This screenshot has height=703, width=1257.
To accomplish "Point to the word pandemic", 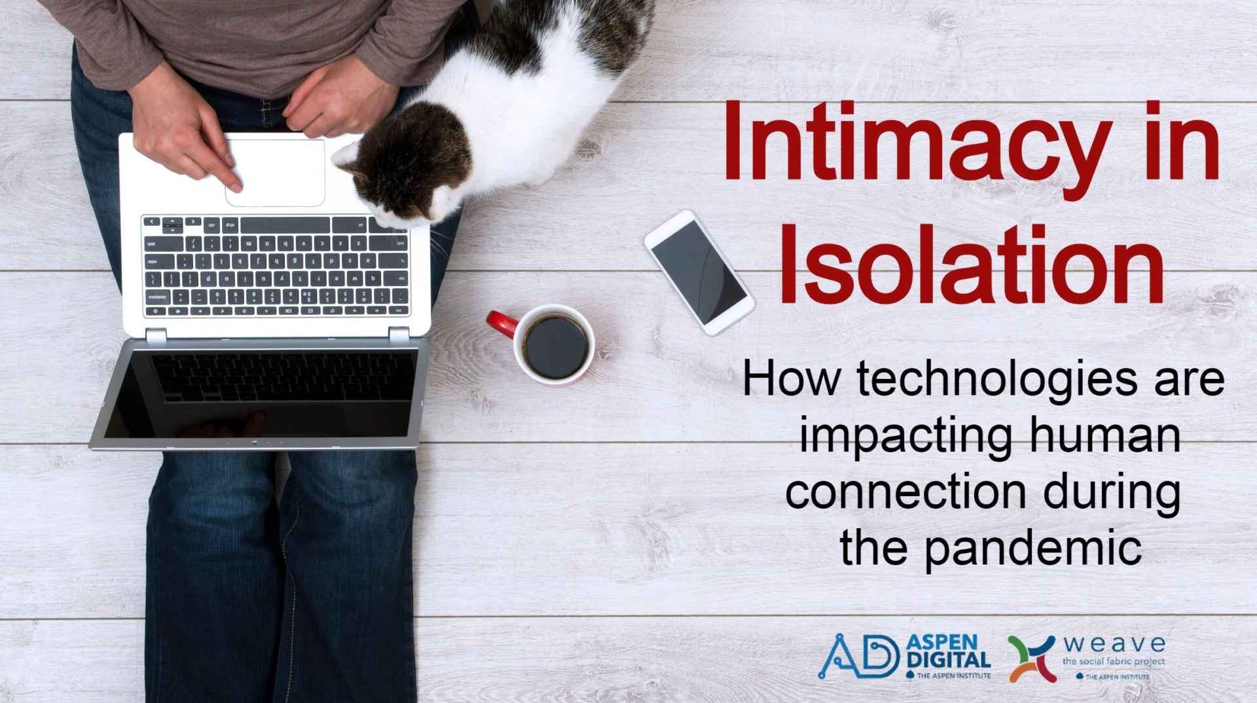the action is (x=1033, y=549).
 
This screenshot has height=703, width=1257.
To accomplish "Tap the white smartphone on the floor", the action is (x=699, y=272).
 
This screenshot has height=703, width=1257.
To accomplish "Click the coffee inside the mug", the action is (x=556, y=347).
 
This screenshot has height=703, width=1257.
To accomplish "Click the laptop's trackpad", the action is (x=275, y=172).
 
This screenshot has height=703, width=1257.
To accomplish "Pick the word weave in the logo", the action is (x=1114, y=644).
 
